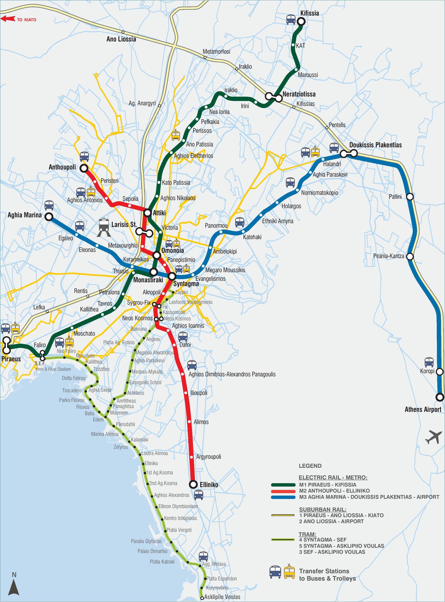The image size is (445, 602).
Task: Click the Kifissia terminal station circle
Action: tap(301, 22)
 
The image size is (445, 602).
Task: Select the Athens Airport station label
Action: tap(423, 410)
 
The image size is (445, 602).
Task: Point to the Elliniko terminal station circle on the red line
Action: tap(193, 484)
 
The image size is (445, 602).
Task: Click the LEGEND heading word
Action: tap(310, 466)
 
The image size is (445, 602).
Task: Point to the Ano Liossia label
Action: tap(121, 39)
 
